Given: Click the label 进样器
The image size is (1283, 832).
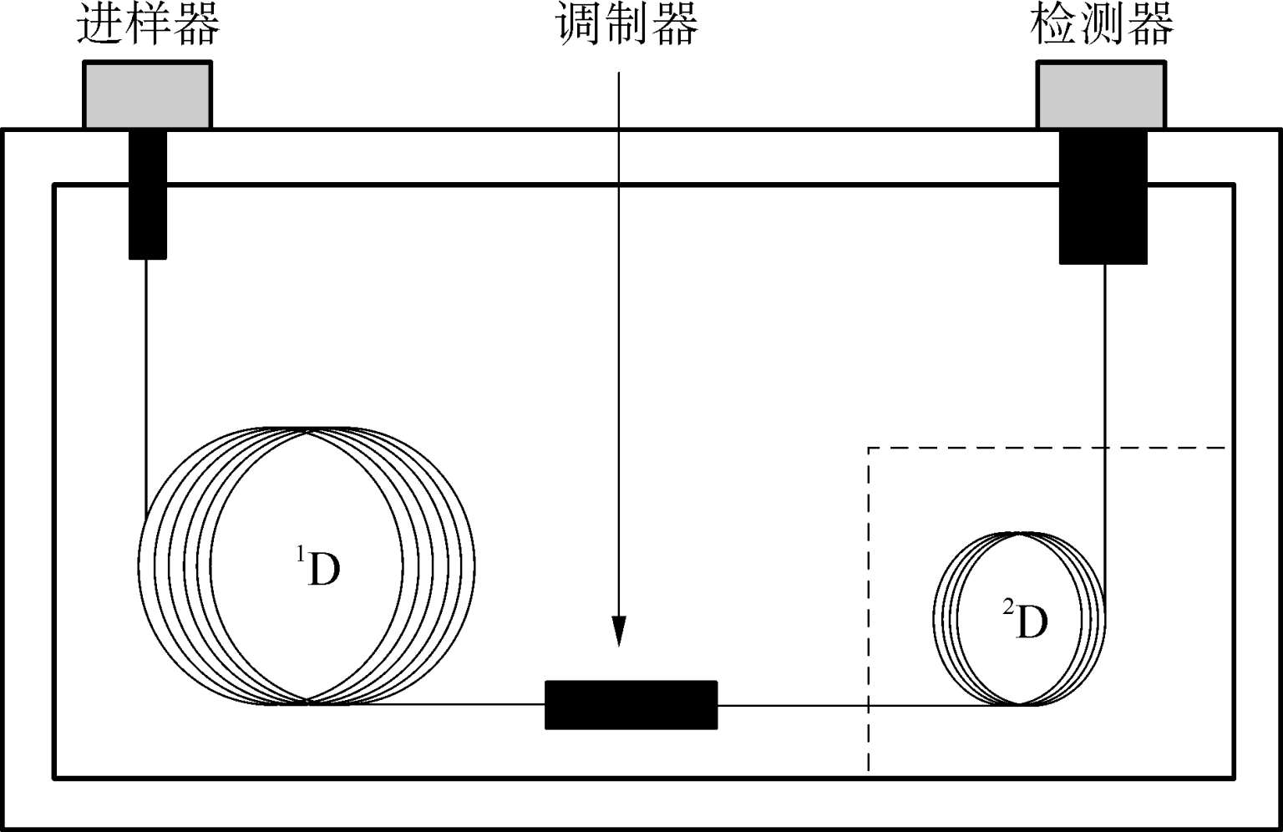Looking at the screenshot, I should tap(149, 23).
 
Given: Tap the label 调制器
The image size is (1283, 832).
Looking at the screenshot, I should tap(628, 23).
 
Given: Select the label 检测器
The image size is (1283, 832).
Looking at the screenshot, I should tap(1103, 23).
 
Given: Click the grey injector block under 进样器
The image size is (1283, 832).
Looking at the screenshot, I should tap(147, 94).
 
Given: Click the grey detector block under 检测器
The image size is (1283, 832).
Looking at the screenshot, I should tap(1101, 94).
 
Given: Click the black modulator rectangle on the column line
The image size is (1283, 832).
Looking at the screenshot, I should tap(631, 705).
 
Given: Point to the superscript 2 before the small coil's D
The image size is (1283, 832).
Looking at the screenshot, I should tap(1008, 608).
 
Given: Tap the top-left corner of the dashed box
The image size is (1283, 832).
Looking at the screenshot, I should tap(870, 449).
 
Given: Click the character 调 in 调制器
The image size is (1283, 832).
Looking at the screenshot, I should tap(581, 23).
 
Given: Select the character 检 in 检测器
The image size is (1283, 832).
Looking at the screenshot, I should tap(1054, 23).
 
